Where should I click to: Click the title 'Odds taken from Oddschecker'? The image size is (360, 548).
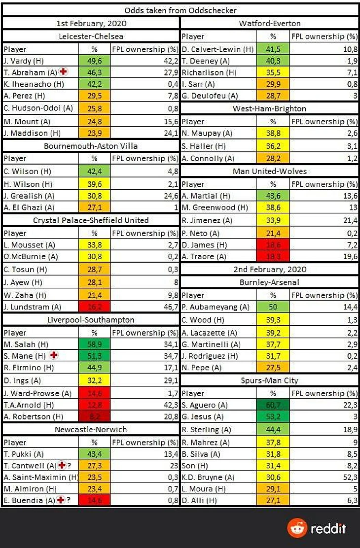pyautogui.click(x=180, y=10)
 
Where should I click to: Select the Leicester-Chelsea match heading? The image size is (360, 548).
pyautogui.click(x=91, y=36)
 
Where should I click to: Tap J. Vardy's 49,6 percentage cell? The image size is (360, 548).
pyautogui.click(x=95, y=61)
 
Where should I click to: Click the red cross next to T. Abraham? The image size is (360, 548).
pyautogui.click(x=63, y=72)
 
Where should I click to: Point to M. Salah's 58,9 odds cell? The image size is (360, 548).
pyautogui.click(x=95, y=344)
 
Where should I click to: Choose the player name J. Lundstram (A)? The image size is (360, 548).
pyautogui.click(x=33, y=307)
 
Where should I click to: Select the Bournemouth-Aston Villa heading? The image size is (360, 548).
pyautogui.click(x=91, y=146)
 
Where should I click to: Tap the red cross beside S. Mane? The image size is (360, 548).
pyautogui.click(x=54, y=355)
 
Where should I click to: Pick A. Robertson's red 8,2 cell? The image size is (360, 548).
pyautogui.click(x=95, y=416)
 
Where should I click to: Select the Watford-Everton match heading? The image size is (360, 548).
pyautogui.click(x=270, y=23)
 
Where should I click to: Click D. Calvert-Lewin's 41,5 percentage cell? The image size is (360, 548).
pyautogui.click(x=273, y=49)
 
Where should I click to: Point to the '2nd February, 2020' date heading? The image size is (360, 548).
pyautogui.click(x=270, y=269)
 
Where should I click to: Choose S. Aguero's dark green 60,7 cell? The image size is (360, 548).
pyautogui.click(x=273, y=405)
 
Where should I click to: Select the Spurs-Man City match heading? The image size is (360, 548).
pyautogui.click(x=270, y=381)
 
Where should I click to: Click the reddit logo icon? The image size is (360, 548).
pyautogui.click(x=297, y=528)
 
